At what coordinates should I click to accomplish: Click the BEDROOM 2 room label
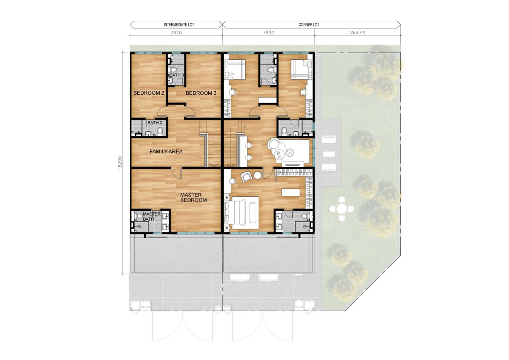coord(149,93)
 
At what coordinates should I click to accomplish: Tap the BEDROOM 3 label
coord(201,93)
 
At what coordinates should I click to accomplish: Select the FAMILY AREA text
coord(166,152)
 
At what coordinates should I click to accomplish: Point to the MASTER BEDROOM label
coord(193,197)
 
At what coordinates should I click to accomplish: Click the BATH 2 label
coord(155,123)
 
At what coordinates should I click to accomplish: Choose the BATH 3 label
coord(177,75)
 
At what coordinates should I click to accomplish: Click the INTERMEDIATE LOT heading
coord(179,25)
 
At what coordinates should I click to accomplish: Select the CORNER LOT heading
coord(309,25)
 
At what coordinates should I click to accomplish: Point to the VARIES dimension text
coord(357,33)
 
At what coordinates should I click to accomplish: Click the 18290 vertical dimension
coord(120,163)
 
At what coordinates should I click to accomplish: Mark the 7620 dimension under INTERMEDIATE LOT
coord(176,33)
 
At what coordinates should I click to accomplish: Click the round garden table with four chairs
coord(342,209)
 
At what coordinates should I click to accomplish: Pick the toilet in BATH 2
coord(160,132)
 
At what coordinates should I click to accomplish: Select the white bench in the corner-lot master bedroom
coord(291,192)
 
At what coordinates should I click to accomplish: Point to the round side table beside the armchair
coord(258,175)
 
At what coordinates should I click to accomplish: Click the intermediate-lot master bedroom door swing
coord(177,173)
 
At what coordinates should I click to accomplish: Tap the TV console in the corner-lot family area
coord(293,164)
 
